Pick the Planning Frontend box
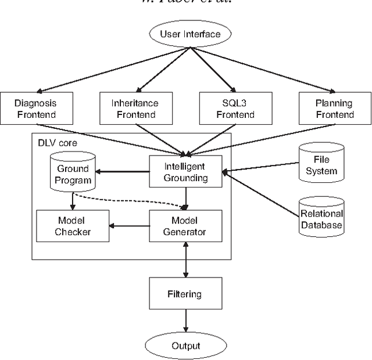(x=335, y=109)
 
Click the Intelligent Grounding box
(x=185, y=172)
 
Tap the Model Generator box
(x=185, y=226)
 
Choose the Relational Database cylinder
(x=321, y=218)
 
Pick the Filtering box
(x=185, y=293)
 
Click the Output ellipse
(x=185, y=345)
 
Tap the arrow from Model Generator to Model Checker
(x=130, y=226)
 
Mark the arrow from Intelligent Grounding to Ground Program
(x=123, y=172)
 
